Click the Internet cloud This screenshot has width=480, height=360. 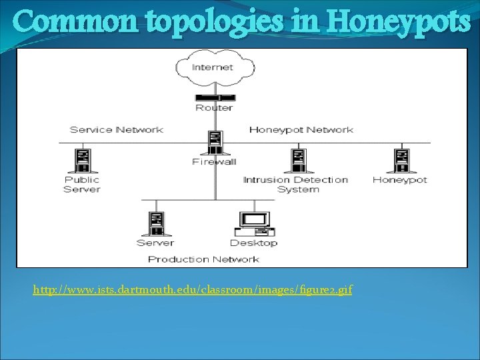pyautogui.click(x=214, y=67)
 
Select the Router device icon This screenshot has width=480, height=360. pyautogui.click(x=214, y=97)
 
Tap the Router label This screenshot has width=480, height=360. pyautogui.click(x=214, y=107)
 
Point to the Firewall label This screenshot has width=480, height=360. pyautogui.click(x=214, y=162)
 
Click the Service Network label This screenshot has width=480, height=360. pyautogui.click(x=117, y=129)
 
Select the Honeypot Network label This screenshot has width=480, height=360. pyautogui.click(x=301, y=129)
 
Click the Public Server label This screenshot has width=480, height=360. pyautogui.click(x=82, y=184)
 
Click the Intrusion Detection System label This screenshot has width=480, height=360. pyautogui.click(x=296, y=184)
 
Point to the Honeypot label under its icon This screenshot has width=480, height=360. pyautogui.click(x=400, y=179)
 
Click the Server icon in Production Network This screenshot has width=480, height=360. pyautogui.click(x=157, y=223)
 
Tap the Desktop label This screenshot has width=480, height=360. pyautogui.click(x=253, y=243)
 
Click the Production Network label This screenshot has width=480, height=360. pyautogui.click(x=203, y=259)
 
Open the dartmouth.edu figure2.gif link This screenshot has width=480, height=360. pyautogui.click(x=193, y=290)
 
